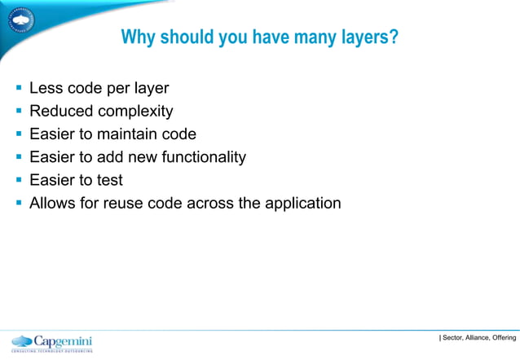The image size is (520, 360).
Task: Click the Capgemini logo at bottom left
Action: coord(52,342)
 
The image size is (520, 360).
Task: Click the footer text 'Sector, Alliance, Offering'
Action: coord(479,338)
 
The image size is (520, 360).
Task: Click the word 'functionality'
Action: coord(199,156)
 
